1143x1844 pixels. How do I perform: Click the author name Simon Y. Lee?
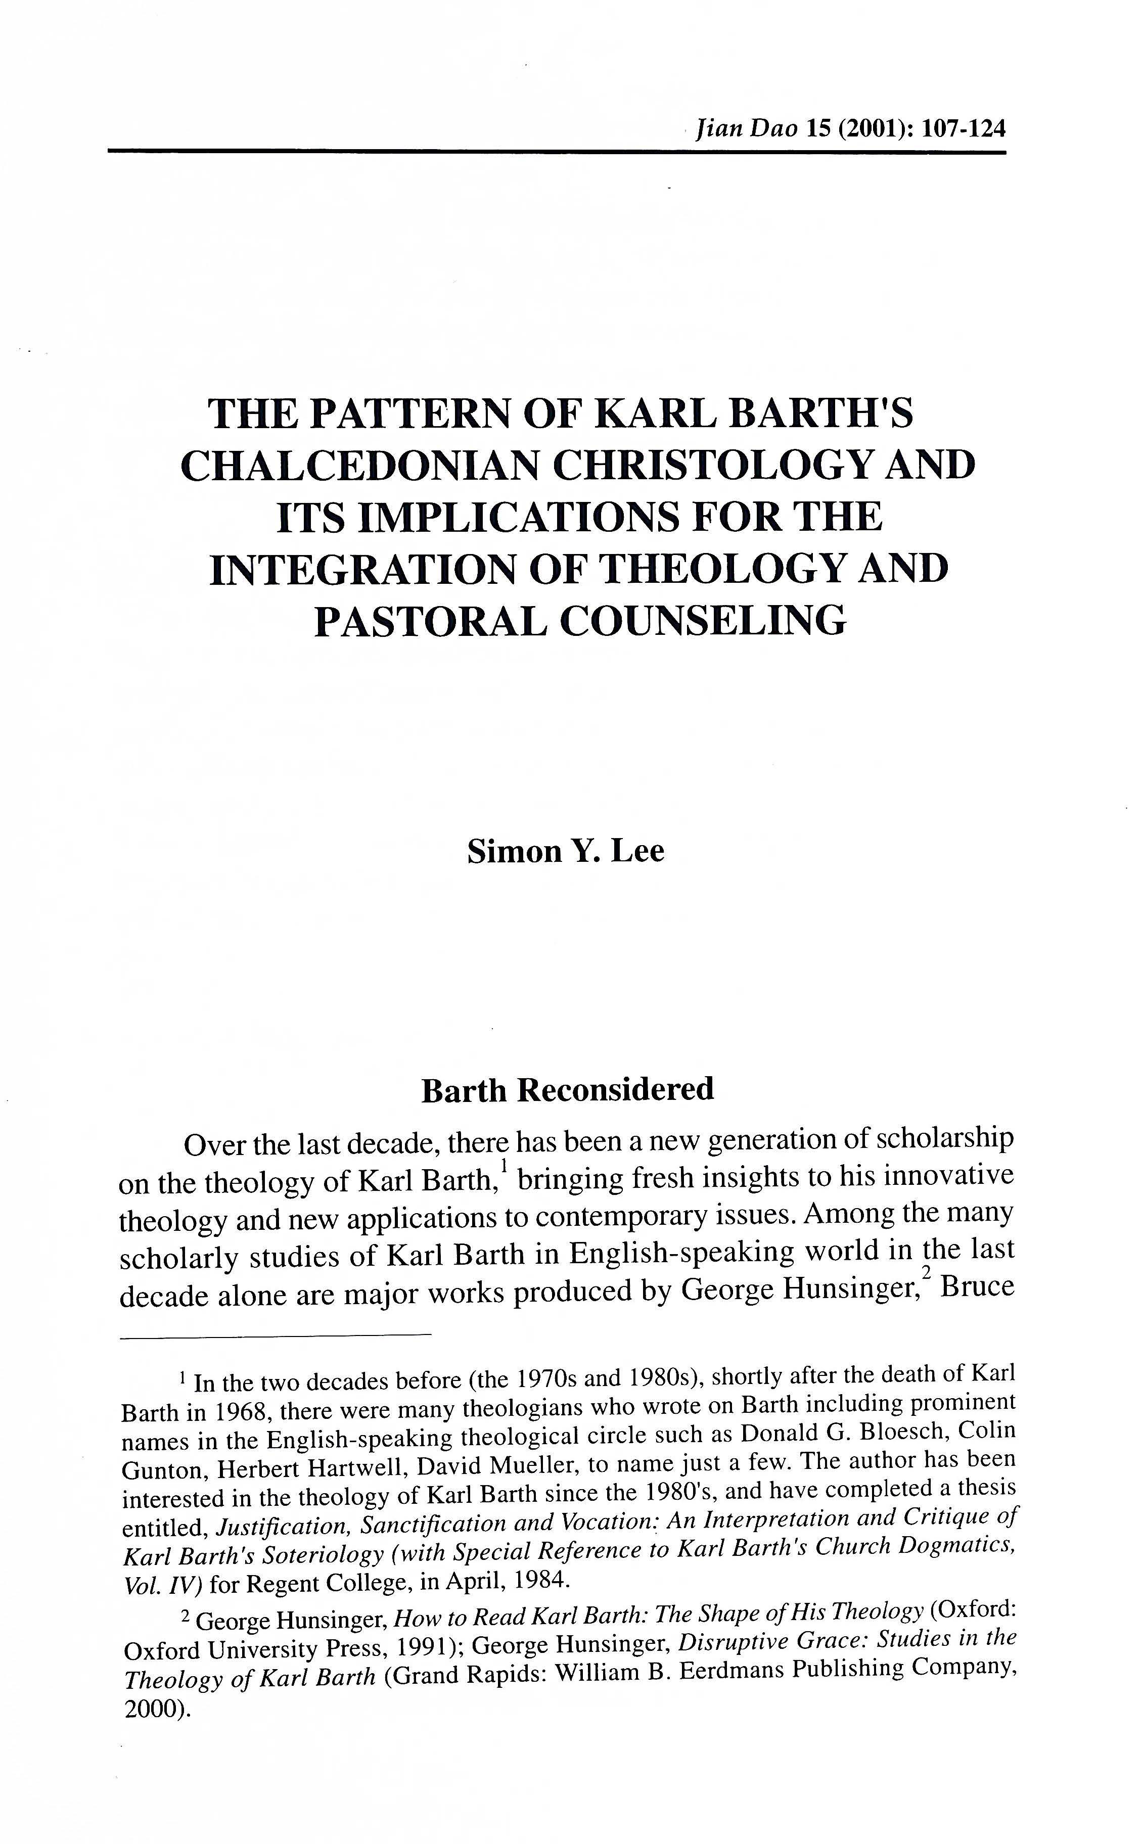(566, 851)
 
